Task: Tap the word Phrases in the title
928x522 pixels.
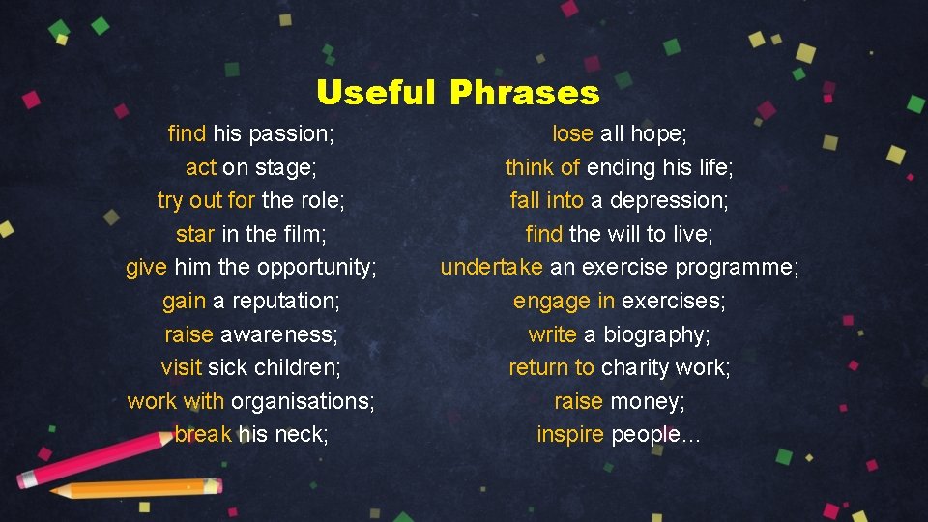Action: (x=524, y=93)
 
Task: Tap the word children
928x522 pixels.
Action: (x=296, y=367)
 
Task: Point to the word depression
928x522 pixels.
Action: (x=681, y=200)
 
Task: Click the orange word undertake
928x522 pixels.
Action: (x=492, y=267)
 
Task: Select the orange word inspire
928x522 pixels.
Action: (x=570, y=434)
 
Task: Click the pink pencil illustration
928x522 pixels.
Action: (x=92, y=454)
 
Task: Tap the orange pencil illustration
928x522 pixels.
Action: (x=135, y=488)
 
